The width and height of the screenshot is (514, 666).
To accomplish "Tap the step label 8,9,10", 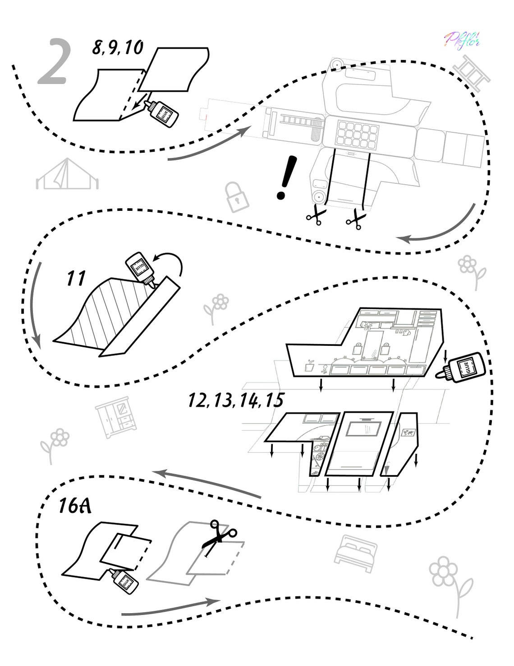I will [118, 47].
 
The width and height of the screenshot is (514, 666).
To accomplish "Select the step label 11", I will [76, 279].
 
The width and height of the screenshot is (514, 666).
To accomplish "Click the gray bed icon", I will [356, 547].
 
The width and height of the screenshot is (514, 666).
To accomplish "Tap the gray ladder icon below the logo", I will [471, 73].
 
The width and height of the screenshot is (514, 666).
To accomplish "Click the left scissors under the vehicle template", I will [318, 215].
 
